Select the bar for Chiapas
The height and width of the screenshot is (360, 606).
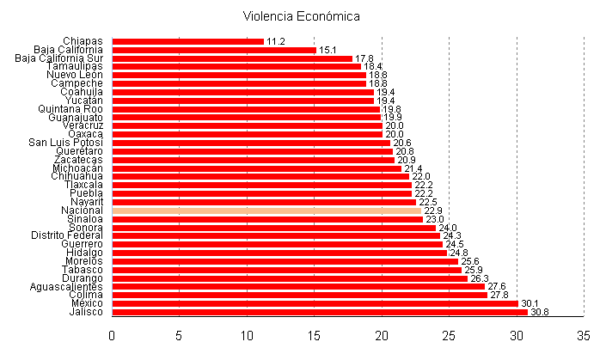click(x=187, y=41)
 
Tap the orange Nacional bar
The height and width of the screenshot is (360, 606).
click(x=266, y=211)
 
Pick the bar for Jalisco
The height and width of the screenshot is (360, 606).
click(x=320, y=312)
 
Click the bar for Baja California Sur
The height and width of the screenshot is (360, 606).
click(x=232, y=58)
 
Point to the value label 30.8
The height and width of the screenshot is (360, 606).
click(x=540, y=312)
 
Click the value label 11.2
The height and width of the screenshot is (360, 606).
click(x=276, y=41)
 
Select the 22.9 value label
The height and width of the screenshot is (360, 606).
click(x=433, y=211)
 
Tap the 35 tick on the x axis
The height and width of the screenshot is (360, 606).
click(x=584, y=334)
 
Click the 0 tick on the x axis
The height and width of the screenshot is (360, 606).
click(x=112, y=334)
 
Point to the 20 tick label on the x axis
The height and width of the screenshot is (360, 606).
click(x=382, y=334)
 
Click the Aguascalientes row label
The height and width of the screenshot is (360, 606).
click(x=66, y=286)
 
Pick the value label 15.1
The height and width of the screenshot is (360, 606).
click(x=327, y=50)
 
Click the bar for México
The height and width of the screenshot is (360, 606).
click(x=315, y=303)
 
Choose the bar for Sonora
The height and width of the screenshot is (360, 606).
click(x=273, y=228)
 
